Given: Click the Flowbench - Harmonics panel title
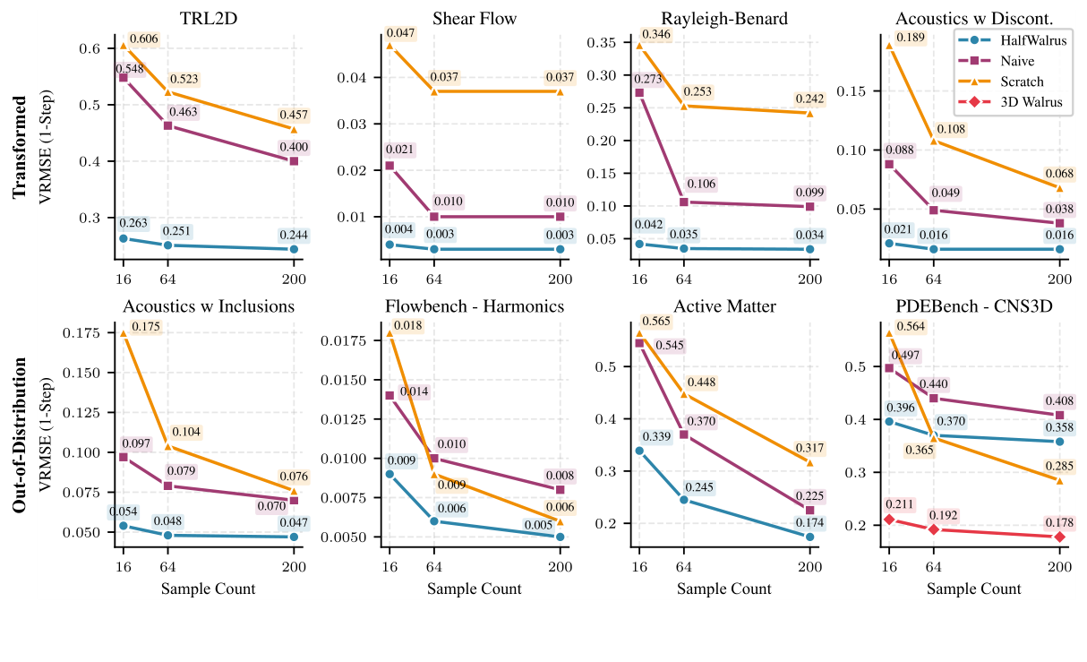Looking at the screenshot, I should (474, 306).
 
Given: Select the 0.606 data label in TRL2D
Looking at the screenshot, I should (143, 39).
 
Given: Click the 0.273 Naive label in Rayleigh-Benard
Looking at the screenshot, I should (650, 78).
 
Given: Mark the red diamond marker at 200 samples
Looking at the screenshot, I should (1059, 537).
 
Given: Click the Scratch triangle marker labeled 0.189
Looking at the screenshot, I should (888, 46).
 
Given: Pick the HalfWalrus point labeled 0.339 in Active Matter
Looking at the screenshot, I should (639, 451).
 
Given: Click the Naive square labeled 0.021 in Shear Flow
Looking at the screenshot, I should (389, 166).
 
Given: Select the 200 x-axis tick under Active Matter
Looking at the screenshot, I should (809, 565).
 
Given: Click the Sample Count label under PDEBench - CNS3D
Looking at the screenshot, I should (973, 589).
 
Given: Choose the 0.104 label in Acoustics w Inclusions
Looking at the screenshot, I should (187, 432).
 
